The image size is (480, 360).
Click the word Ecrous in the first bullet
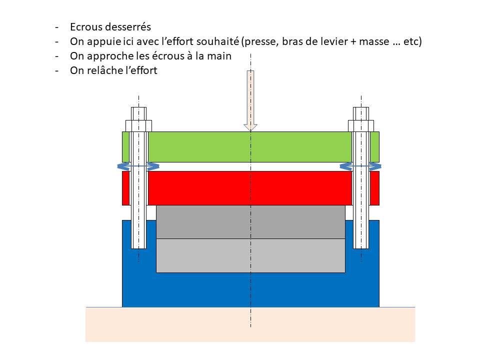pos(86,27)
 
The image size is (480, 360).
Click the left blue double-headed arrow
pos(138,166)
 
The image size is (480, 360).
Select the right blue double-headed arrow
pos(360,166)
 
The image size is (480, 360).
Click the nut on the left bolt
pos(138,125)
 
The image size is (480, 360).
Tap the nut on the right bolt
pos(360,125)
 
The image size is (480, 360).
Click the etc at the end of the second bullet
pos(411,41)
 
